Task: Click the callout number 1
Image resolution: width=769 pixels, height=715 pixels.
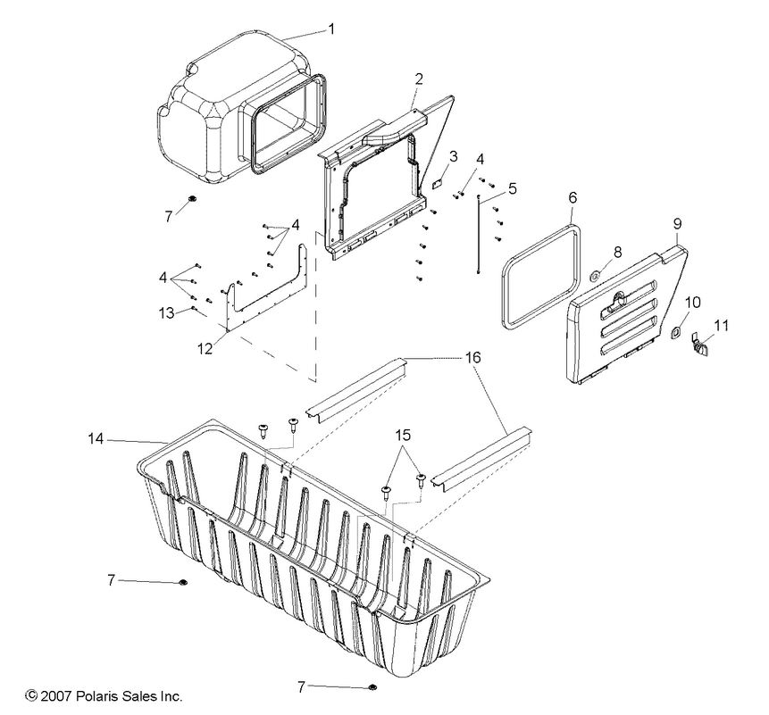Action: click(x=330, y=29)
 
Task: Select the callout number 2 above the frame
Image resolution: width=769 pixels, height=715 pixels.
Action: click(x=418, y=79)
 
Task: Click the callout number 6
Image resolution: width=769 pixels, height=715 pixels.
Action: click(x=573, y=195)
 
